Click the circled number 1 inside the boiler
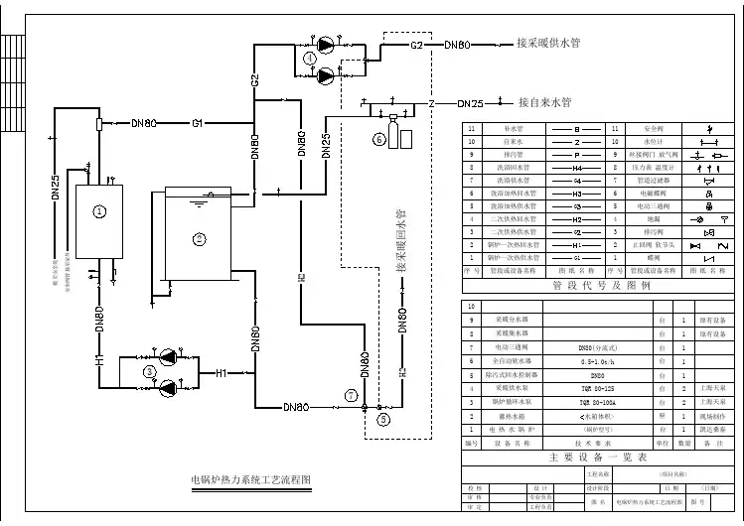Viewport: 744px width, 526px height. point(99,210)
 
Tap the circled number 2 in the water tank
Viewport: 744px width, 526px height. point(199,238)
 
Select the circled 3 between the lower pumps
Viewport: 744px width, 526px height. point(150,371)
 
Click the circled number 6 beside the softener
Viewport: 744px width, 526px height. point(378,139)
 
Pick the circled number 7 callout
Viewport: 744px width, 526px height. point(350,394)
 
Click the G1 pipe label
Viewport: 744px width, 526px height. point(198,123)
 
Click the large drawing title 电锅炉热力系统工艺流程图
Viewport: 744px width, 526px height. point(250,479)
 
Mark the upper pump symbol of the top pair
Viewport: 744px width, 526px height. point(325,44)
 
